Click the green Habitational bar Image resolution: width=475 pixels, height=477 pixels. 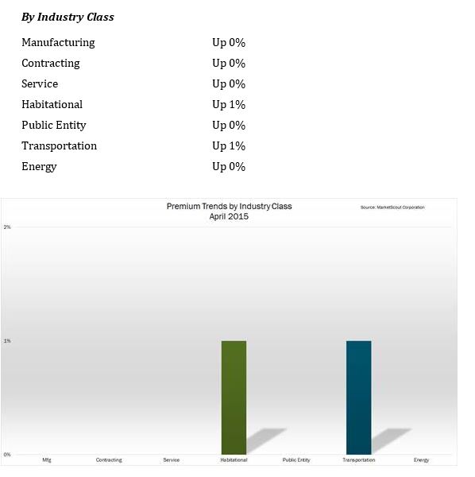click(234, 397)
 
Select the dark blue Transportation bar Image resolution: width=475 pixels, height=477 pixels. click(358, 397)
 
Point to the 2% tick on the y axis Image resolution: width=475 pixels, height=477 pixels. click(7, 227)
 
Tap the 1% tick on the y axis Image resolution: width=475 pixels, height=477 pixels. click(7, 341)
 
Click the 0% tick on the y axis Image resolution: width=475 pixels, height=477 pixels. click(7, 455)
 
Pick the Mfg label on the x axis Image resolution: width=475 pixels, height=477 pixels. click(47, 460)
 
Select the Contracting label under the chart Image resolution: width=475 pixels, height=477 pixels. click(109, 460)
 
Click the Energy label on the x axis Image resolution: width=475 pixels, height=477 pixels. click(421, 460)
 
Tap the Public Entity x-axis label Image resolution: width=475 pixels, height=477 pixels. click(296, 460)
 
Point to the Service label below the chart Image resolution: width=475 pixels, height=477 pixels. click(171, 460)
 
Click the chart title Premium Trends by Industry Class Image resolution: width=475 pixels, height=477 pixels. click(229, 206)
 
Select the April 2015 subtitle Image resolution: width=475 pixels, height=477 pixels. click(229, 216)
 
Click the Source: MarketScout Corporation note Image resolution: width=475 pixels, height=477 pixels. click(392, 207)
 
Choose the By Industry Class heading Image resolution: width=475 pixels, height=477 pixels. click(68, 17)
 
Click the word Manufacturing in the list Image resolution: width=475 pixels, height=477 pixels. click(58, 43)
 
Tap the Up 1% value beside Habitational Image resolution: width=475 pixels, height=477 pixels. click(229, 105)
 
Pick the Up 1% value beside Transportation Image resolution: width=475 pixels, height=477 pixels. click(229, 146)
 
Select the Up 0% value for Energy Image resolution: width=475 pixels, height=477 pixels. click(229, 167)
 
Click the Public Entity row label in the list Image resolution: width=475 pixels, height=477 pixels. click(54, 126)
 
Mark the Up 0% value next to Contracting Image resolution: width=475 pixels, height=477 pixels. click(229, 64)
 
